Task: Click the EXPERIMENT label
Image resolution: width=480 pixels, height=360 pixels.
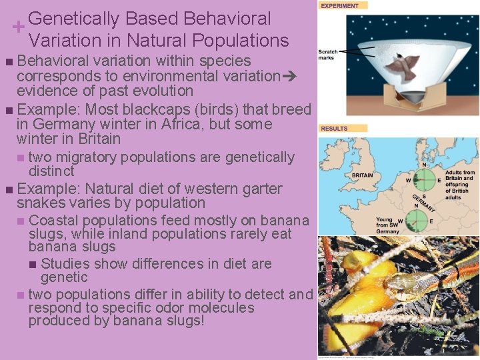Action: pos(340,5)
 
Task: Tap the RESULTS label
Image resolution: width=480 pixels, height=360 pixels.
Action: pos(334,128)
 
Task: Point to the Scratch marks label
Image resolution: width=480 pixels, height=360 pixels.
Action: pos(328,55)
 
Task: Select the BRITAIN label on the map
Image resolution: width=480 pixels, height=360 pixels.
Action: pos(362,175)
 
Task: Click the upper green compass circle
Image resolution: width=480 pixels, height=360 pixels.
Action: pos(424,180)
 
